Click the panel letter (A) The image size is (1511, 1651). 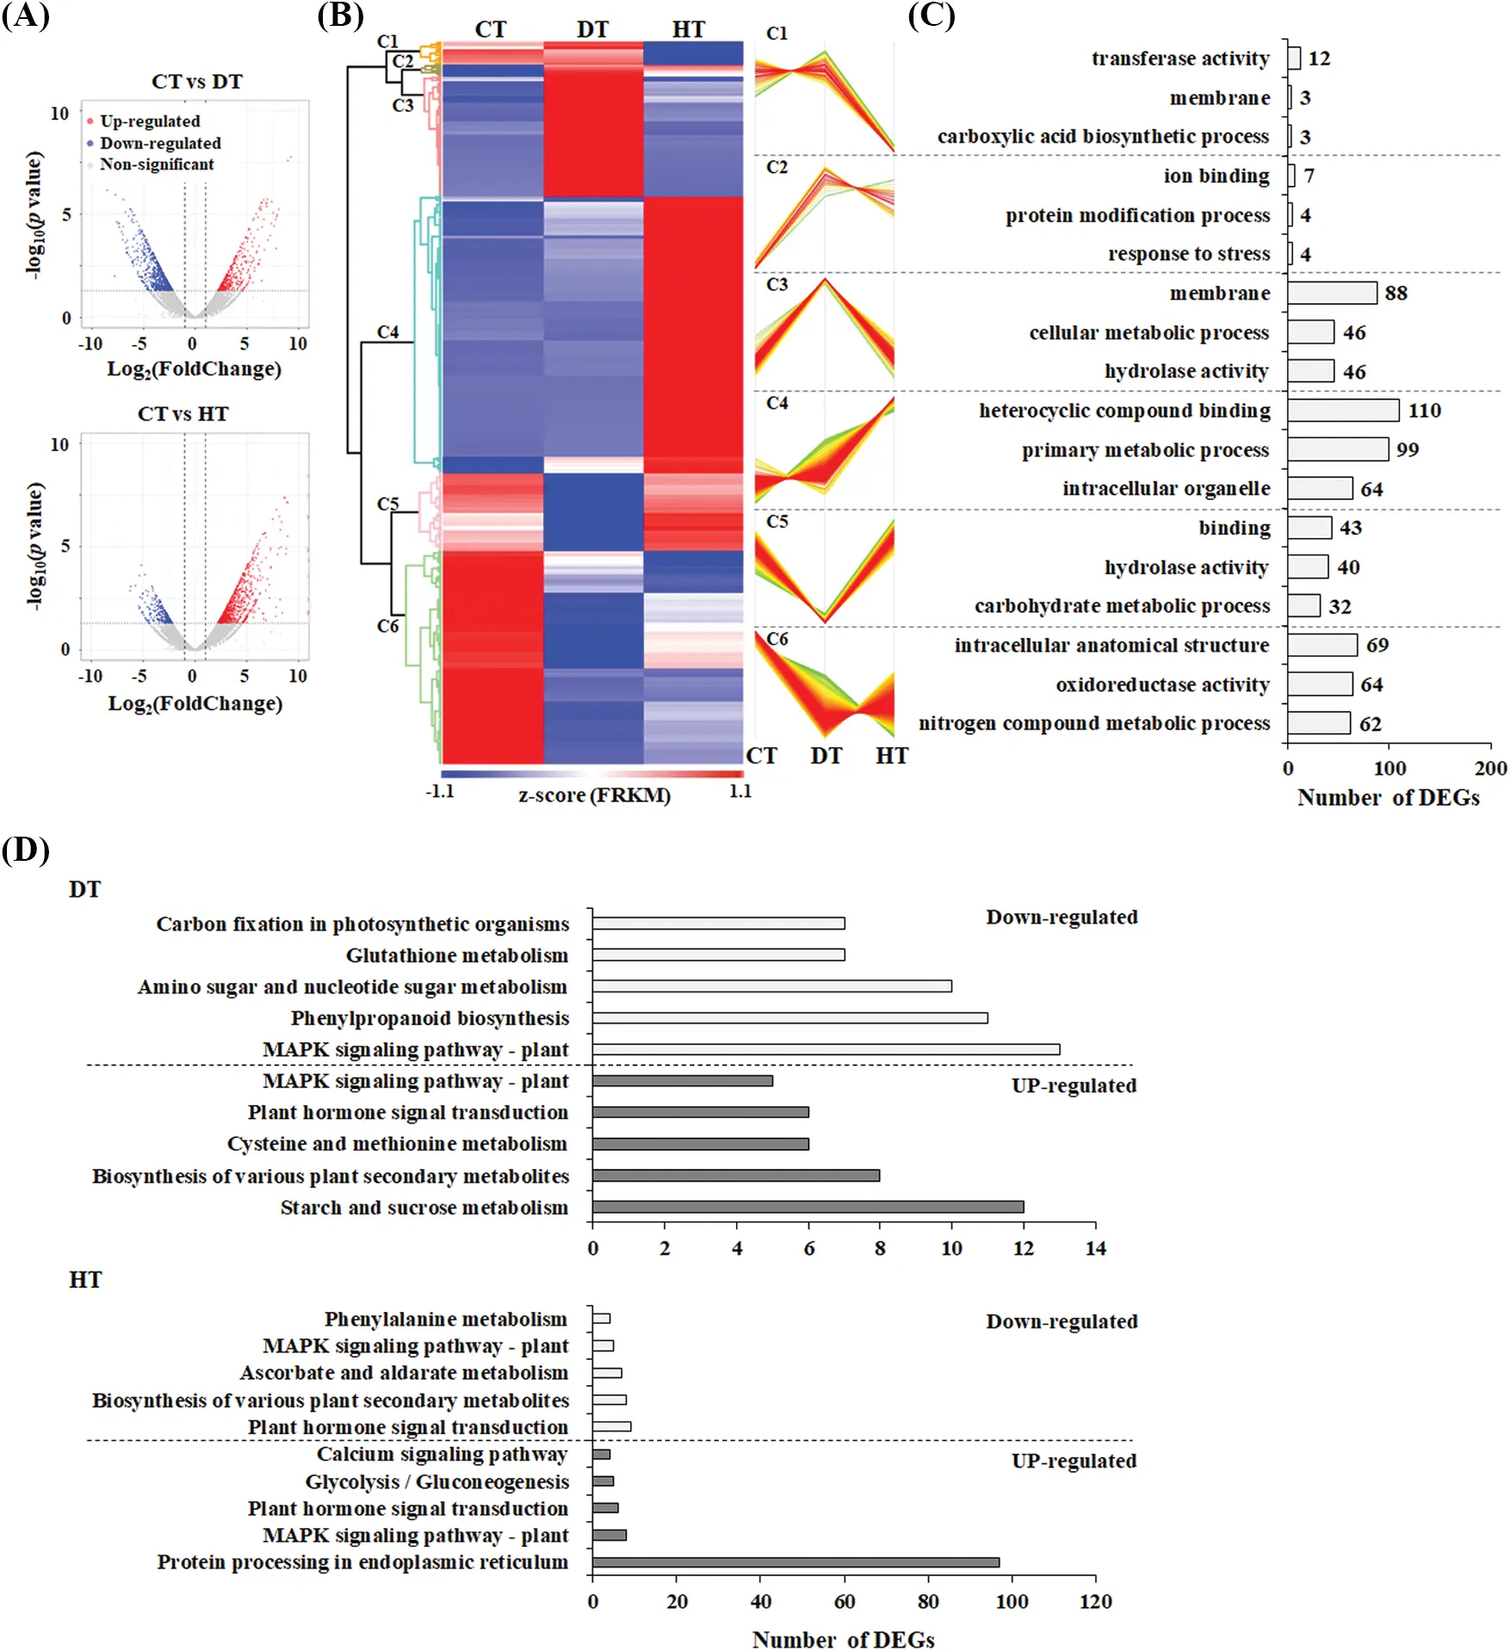[25, 16]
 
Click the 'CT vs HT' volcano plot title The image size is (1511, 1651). [183, 414]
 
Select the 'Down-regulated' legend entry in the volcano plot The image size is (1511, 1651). [160, 143]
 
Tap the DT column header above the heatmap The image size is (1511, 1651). [592, 29]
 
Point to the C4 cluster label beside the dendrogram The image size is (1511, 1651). [387, 331]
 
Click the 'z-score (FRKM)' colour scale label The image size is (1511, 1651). [594, 795]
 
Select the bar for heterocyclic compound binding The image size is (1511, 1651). [1343, 411]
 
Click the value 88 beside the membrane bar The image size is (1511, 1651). [1396, 294]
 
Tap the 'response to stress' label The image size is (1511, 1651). [1188, 254]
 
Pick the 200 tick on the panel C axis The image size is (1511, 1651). [1489, 768]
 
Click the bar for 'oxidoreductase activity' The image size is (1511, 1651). [1320, 684]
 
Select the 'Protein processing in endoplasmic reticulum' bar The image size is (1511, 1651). [795, 1562]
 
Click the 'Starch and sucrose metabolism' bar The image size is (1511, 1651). [807, 1207]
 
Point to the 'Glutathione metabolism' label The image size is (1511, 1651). [456, 955]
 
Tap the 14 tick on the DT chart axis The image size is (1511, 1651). [1094, 1248]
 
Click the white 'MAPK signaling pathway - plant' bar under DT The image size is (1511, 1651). [825, 1049]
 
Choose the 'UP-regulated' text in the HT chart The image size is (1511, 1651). [1073, 1461]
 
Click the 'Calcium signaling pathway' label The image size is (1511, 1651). [442, 1454]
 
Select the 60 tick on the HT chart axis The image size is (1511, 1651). [844, 1601]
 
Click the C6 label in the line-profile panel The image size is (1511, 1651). [777, 639]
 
